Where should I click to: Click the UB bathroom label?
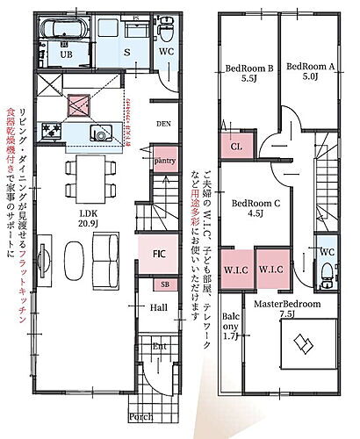tap(65, 54)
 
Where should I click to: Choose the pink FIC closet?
tap(160, 254)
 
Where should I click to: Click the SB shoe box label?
tap(165, 285)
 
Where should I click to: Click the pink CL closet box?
tap(236, 147)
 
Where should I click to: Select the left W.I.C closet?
tap(236, 270)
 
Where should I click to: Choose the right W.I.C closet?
tap(271, 270)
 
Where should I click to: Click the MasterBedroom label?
tap(287, 304)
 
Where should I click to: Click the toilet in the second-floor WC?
tap(328, 278)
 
